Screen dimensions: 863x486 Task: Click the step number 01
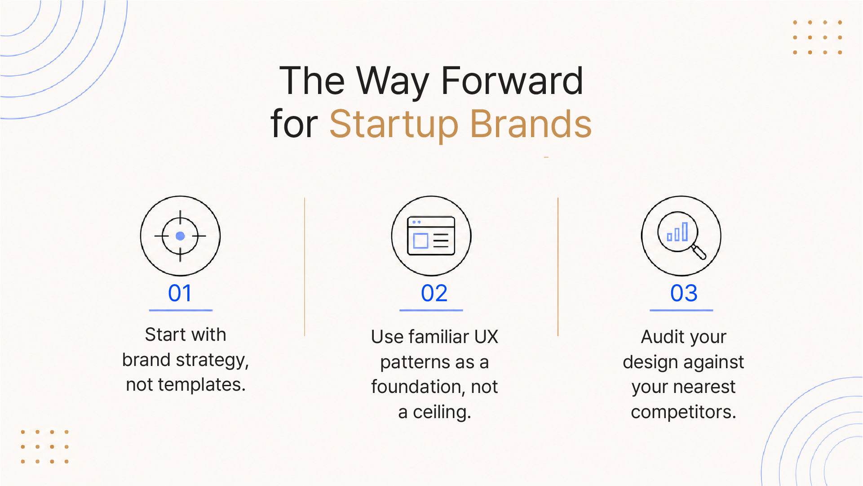coord(180,293)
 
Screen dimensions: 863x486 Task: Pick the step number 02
coord(434,293)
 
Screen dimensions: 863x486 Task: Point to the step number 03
coord(684,293)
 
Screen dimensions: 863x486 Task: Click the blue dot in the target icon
coord(180,236)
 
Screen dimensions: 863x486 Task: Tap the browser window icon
coord(431,236)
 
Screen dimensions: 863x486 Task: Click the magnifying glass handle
coord(699,252)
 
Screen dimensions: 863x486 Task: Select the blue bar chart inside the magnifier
coord(677,232)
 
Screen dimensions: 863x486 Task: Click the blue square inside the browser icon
coord(420,241)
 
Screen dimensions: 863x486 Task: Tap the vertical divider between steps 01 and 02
coord(305,267)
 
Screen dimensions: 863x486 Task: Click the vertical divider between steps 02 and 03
coord(558,267)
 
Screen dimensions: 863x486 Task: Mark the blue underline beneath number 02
coord(431,310)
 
